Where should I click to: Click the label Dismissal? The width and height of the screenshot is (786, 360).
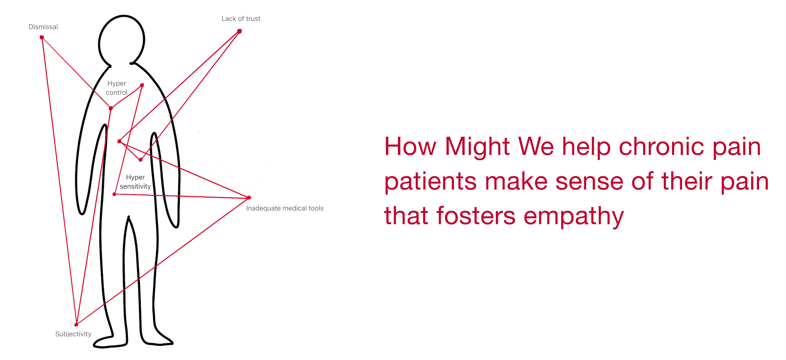coord(43,27)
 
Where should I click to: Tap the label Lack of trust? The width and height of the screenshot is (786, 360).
coord(241,19)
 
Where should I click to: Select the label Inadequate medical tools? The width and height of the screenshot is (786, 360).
coord(285,208)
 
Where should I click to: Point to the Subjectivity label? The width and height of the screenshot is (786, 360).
coord(73,334)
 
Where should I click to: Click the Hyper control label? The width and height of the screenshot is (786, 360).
coord(116,88)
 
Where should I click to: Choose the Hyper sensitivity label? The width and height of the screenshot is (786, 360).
coord(135,182)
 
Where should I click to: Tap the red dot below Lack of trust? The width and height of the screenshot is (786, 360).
coord(240,31)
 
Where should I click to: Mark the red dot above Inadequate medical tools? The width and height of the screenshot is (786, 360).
coord(249,198)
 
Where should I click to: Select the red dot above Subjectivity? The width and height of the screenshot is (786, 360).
coord(76,325)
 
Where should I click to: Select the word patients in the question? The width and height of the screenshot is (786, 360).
coord(430,182)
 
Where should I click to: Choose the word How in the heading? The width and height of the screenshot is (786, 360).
coord(410,147)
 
